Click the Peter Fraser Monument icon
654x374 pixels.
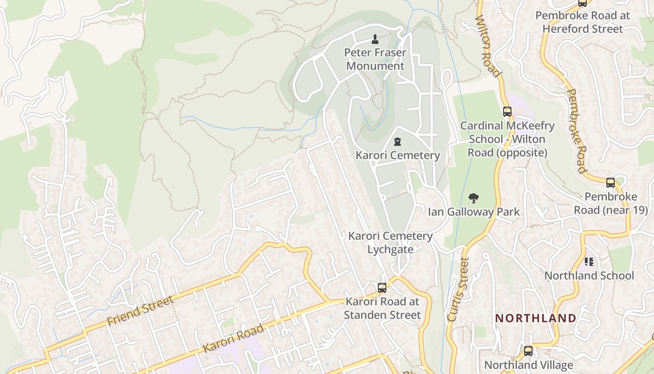pyautogui.click(x=375, y=38)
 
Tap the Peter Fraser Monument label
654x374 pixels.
pyautogui.click(x=375, y=59)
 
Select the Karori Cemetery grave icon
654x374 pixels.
pyautogui.click(x=398, y=141)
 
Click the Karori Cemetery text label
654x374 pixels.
pyautogui.click(x=398, y=155)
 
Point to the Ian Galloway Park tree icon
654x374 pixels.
pyautogui.click(x=474, y=198)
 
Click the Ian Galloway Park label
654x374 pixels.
pyautogui.click(x=474, y=212)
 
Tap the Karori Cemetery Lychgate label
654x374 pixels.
pyautogui.click(x=384, y=243)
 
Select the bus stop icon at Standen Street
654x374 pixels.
pyautogui.click(x=382, y=288)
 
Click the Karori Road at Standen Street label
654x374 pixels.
pyautogui.click(x=382, y=309)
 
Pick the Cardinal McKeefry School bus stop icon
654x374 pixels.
pyautogui.click(x=507, y=112)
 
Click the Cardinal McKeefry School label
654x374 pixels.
pyautogui.click(x=507, y=139)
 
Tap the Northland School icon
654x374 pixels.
pyautogui.click(x=589, y=262)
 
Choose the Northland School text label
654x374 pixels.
pyautogui.click(x=589, y=276)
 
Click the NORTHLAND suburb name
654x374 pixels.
pyautogui.click(x=535, y=318)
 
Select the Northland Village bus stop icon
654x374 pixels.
pyautogui.click(x=528, y=351)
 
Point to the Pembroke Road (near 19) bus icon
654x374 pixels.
pyautogui.click(x=611, y=183)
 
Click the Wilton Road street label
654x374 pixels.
pyautogui.click(x=488, y=46)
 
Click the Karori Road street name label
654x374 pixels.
pyautogui.click(x=234, y=338)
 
